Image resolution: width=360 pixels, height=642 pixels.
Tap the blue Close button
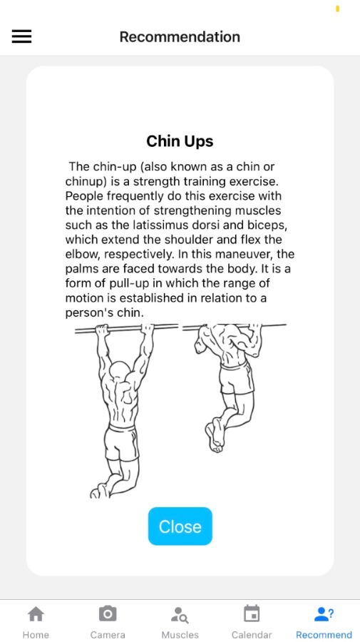180,526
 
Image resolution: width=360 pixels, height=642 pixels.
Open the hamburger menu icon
21,37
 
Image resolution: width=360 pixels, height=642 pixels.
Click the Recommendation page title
180,37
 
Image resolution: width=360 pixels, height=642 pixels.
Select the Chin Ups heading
180,141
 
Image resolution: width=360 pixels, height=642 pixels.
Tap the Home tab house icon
36,614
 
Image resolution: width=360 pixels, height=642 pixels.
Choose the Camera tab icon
108,614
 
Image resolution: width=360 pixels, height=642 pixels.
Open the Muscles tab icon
180,615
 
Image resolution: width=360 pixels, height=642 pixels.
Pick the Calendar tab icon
252,613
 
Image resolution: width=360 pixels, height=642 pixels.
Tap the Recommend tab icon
324,613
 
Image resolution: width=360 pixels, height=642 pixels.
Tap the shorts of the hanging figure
121,443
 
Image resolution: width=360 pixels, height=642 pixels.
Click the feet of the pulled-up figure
215,435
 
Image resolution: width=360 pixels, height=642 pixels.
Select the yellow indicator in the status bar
337,8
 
